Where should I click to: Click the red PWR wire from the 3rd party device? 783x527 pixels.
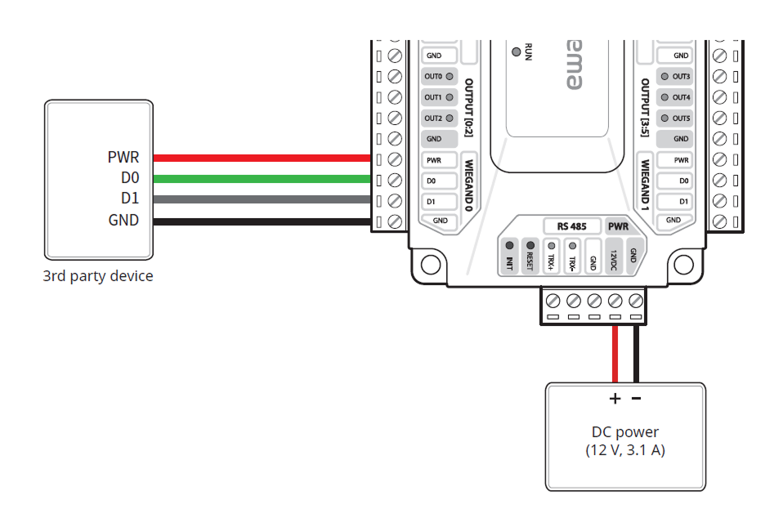coord(262,158)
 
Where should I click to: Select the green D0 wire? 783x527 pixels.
coord(262,179)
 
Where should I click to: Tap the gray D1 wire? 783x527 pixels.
coord(262,199)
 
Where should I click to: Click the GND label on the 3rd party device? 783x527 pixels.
coord(123,221)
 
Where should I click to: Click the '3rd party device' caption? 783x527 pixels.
coord(98,276)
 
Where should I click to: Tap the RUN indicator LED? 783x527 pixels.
coord(516,51)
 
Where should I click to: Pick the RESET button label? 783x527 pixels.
coord(530,260)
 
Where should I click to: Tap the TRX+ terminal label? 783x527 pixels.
coord(551,261)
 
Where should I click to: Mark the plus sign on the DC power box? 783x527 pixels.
coord(615,399)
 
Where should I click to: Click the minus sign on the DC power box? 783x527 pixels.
coord(637,399)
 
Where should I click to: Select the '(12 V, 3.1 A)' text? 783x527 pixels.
coord(625,450)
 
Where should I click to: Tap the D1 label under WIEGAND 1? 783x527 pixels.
coord(684,200)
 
